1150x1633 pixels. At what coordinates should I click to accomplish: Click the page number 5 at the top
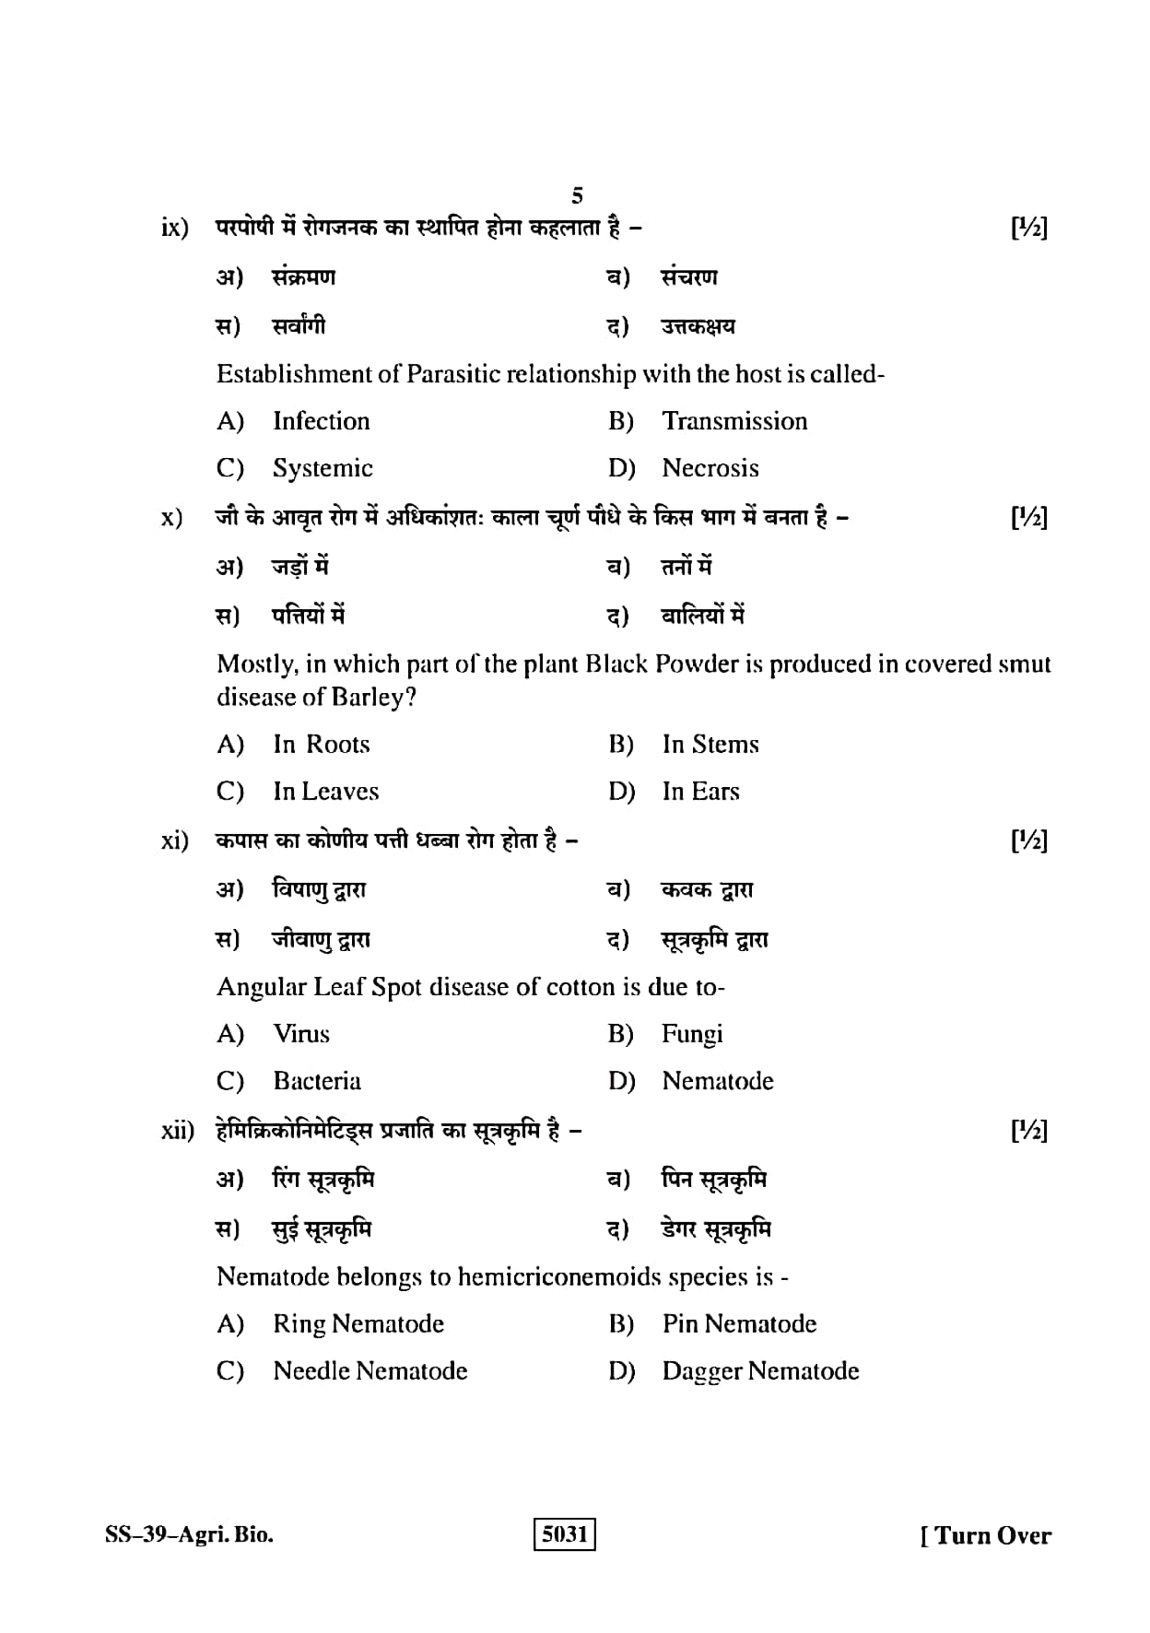577,195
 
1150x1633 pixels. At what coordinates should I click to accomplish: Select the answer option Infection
321,421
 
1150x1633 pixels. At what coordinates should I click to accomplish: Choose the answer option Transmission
734,421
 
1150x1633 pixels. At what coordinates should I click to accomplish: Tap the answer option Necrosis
710,468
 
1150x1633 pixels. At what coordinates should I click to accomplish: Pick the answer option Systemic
323,468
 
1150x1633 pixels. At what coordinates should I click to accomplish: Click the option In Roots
321,745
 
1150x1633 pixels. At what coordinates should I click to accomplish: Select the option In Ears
700,792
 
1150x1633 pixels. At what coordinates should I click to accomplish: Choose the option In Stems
710,745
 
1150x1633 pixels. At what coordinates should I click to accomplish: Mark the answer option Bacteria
317,1081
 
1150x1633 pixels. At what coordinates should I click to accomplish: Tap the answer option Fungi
692,1034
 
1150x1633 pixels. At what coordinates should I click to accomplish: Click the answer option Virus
301,1034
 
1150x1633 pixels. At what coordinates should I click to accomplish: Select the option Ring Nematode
358,1324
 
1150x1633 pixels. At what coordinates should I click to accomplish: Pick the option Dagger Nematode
760,1371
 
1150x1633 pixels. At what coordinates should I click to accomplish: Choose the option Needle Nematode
370,1371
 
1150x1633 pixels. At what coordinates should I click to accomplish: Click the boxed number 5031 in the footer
565,1534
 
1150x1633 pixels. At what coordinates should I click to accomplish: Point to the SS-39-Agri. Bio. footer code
189,1535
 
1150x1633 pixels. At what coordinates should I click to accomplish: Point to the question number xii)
177,1131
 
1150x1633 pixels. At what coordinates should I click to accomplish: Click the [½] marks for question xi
1029,840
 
